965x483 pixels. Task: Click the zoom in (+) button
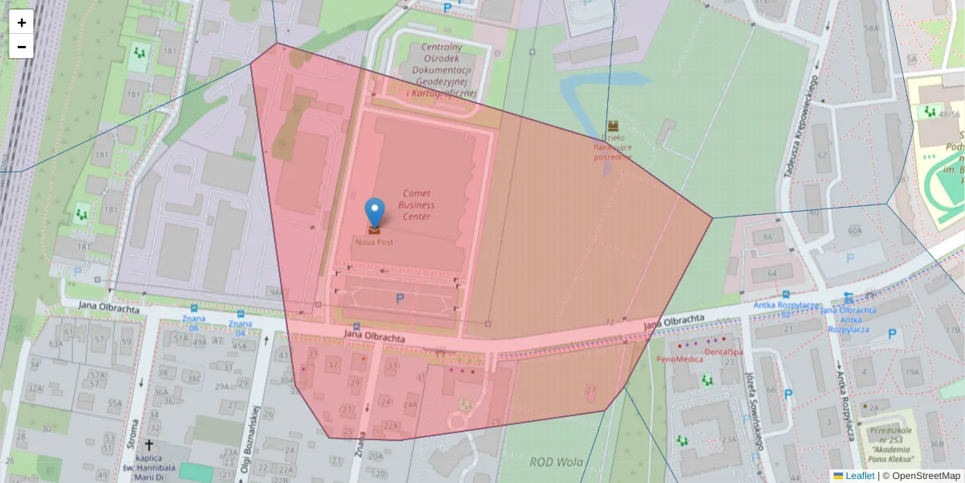[22, 23]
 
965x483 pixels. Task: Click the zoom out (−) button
[22, 47]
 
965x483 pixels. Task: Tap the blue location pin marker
[374, 212]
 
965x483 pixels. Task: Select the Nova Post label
[374, 242]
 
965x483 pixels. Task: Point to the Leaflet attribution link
[860, 476]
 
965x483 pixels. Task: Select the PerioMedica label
[680, 359]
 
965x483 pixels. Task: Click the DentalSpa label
[723, 352]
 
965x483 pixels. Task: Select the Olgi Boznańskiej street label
[249, 439]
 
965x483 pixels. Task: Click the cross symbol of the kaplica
[149, 444]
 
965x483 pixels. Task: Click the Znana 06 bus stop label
[194, 324]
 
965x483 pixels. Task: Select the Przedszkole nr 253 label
[891, 444]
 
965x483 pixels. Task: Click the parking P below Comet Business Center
[399, 299]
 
